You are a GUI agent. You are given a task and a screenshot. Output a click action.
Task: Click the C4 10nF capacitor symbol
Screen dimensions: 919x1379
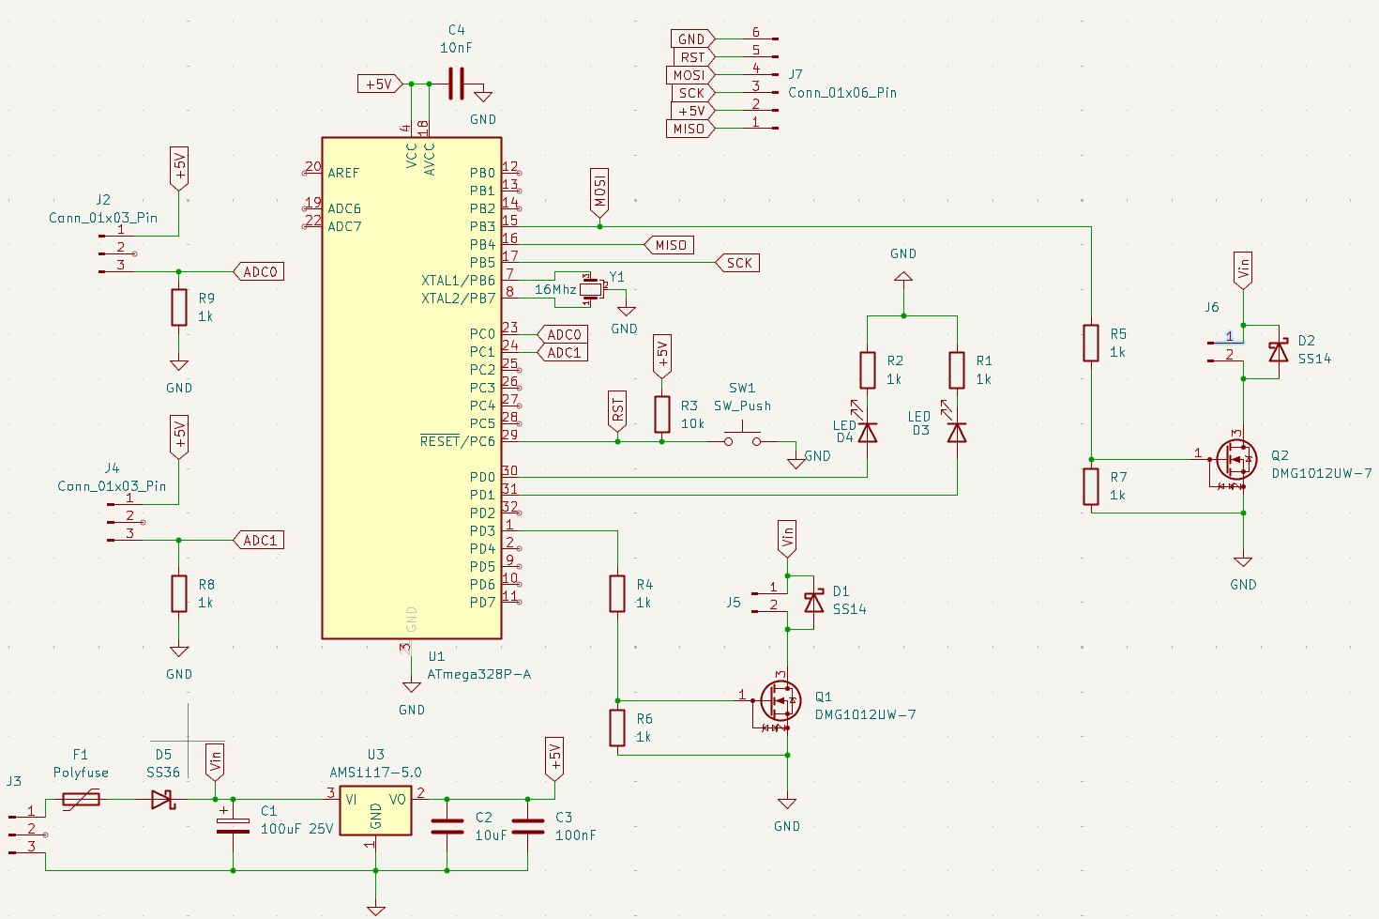tap(456, 85)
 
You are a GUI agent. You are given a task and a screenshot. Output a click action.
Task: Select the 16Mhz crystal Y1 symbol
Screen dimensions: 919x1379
tap(589, 289)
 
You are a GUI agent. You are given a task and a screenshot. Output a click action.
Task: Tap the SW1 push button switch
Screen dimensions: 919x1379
tap(742, 437)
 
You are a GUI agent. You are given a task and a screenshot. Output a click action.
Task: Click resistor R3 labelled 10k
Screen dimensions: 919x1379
tap(662, 414)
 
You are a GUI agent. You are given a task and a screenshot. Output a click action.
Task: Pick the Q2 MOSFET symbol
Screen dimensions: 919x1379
tap(1235, 459)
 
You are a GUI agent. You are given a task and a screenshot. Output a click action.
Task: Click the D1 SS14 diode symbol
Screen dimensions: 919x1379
tap(813, 601)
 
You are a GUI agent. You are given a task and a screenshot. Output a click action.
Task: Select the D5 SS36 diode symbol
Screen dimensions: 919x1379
tap(163, 800)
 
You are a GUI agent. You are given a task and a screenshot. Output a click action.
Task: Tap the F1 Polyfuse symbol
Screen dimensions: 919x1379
tap(82, 800)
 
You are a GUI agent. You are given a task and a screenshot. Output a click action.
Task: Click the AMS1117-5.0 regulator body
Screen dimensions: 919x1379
tap(375, 810)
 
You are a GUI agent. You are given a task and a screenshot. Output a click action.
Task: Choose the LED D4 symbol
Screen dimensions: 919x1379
tap(868, 432)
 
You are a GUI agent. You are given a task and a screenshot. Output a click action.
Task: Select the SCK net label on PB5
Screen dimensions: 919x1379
tap(738, 263)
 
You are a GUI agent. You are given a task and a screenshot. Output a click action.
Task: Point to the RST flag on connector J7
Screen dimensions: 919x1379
tap(692, 57)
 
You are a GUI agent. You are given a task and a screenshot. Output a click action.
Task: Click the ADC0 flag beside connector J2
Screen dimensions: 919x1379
tap(259, 272)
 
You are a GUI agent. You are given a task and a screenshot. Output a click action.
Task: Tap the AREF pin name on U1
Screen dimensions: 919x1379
tap(343, 173)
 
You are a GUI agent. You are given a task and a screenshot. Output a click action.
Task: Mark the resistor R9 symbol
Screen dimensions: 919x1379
tap(179, 307)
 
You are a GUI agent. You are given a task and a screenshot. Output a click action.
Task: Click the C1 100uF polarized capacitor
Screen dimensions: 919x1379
tap(233, 823)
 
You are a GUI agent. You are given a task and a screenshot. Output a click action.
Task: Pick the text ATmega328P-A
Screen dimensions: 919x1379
tap(478, 674)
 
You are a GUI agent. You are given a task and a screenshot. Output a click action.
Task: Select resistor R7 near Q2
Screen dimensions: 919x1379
tap(1091, 486)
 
